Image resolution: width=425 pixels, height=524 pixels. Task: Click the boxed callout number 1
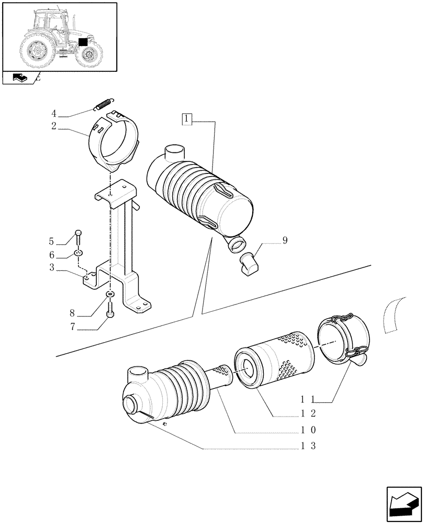187,119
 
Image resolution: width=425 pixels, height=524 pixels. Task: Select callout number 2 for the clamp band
53,126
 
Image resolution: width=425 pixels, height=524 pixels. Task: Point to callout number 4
53,113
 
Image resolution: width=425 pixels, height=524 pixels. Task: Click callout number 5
52,242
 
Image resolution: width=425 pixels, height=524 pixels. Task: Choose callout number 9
52,255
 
